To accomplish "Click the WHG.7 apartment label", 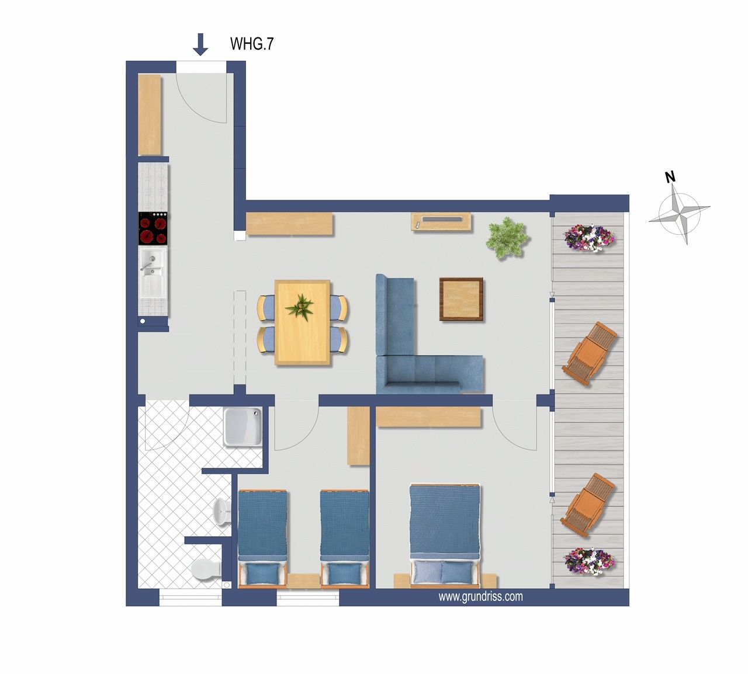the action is pos(252,44).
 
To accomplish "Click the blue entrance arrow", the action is pos(200,44).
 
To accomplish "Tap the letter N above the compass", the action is pos(670,177).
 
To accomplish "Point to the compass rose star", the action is pos(680,214).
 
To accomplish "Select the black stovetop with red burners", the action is pos(153,228).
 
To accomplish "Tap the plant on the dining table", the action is pos(299,307).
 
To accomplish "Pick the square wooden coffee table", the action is pos(461,300).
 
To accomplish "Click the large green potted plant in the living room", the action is pos(508,238).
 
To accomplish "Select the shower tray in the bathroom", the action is pos(243,427).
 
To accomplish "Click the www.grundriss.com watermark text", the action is pos(480,597).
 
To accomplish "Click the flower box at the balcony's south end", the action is pos(589,561).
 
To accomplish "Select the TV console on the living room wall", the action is pos(441,221).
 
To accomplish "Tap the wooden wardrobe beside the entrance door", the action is pos(150,114).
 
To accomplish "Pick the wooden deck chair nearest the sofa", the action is pos(590,353).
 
